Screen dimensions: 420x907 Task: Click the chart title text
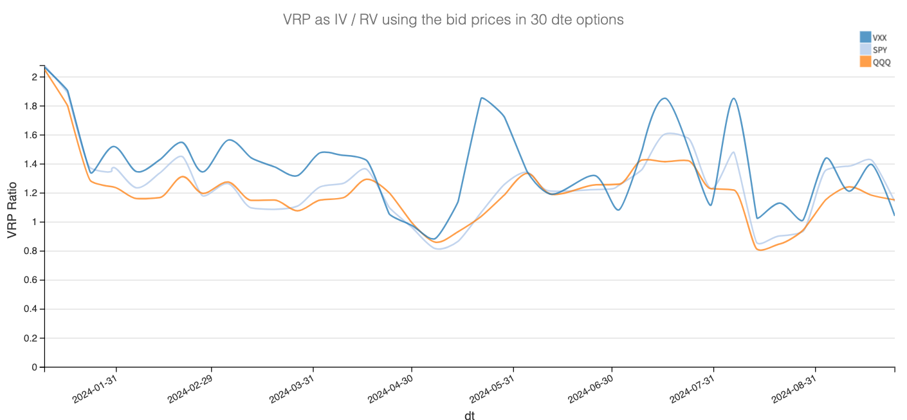[x=453, y=19]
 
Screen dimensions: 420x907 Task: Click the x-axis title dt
[x=470, y=415]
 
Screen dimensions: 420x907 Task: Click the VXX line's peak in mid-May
[x=482, y=98]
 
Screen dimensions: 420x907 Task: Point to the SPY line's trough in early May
[x=439, y=249]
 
